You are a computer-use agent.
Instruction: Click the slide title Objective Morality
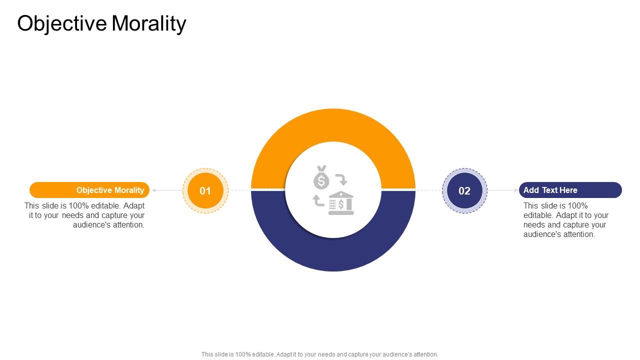(x=101, y=23)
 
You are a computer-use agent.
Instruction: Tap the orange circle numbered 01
(x=205, y=190)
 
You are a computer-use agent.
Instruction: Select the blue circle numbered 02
(x=464, y=190)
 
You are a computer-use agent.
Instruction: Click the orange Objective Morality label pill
(x=89, y=190)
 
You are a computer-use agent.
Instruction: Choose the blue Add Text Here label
(x=570, y=190)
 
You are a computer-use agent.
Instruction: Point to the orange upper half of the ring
(x=333, y=125)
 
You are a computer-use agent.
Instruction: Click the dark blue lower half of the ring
(x=333, y=255)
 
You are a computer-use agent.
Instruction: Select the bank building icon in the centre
(x=341, y=203)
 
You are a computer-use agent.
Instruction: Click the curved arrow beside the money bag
(x=341, y=179)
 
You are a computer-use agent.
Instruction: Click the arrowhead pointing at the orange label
(x=154, y=190)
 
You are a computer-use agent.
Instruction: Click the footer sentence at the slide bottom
(x=319, y=354)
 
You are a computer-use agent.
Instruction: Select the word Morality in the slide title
(x=149, y=23)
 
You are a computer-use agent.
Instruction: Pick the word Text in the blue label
(x=550, y=190)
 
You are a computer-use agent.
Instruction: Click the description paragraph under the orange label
(x=84, y=215)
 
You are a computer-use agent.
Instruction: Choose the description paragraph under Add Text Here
(x=565, y=220)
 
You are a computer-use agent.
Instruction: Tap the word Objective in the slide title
(x=62, y=23)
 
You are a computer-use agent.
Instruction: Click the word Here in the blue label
(x=568, y=190)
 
